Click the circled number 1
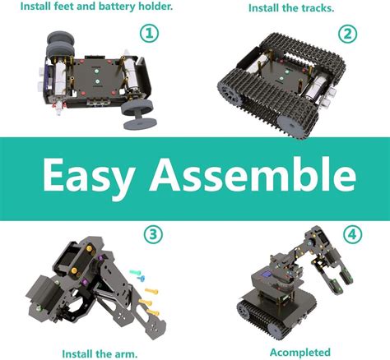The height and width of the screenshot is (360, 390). [150, 33]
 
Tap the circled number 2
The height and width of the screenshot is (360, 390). [348, 34]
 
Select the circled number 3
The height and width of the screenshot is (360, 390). [153, 234]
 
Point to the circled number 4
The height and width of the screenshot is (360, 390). [352, 234]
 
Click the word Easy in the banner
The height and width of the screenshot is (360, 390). [89, 176]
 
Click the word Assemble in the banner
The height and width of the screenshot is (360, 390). [253, 174]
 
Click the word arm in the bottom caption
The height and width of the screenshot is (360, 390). [127, 353]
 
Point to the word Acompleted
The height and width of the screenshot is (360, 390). [300, 353]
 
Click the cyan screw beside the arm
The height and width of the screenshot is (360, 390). [135, 272]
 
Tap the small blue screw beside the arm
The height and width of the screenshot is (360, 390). [141, 279]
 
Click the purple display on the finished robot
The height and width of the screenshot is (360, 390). [266, 274]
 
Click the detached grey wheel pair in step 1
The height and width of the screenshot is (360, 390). [137, 113]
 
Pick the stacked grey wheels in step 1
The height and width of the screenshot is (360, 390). [60, 44]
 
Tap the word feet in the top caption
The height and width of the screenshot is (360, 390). [64, 6]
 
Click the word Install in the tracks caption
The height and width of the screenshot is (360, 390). [264, 8]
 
